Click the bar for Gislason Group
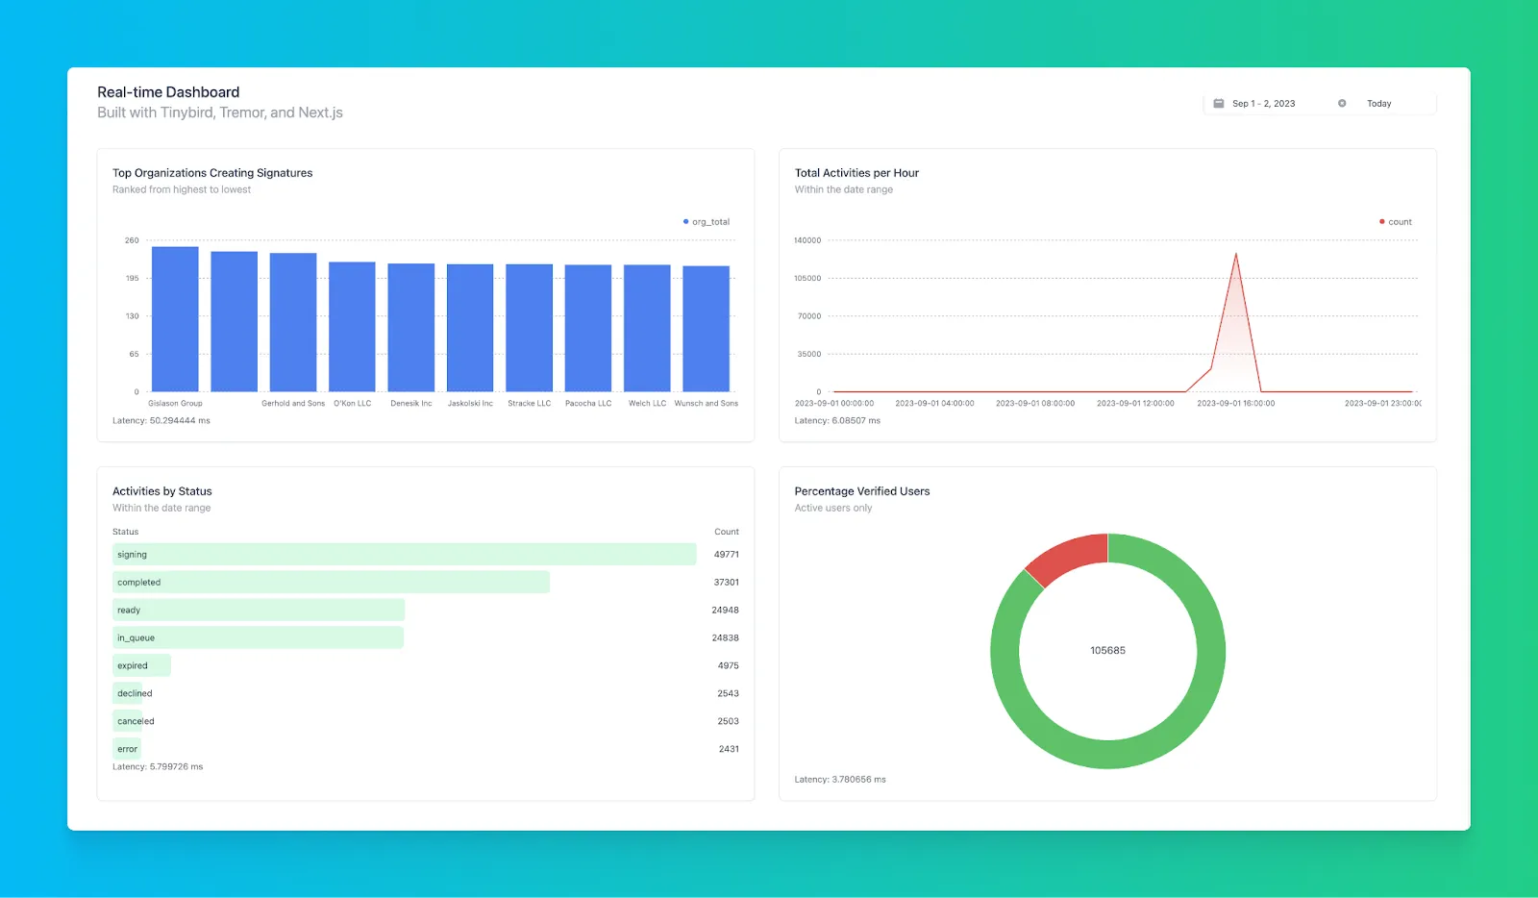pos(175,319)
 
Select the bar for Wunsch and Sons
pos(706,329)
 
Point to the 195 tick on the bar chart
pos(132,278)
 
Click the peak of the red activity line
pos(1235,254)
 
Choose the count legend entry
pos(1396,222)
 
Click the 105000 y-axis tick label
pos(807,278)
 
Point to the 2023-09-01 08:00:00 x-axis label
pos(1035,404)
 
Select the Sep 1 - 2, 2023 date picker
pos(1262,104)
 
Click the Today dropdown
pos(1378,104)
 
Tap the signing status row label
pos(133,555)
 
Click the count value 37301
pos(726,583)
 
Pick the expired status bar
pos(141,665)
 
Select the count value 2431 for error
pos(729,749)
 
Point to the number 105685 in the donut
pos(1107,651)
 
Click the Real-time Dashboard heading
pos(168,92)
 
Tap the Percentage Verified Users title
pos(862,491)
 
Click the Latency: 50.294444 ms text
pos(161,421)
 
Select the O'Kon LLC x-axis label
pos(352,404)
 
